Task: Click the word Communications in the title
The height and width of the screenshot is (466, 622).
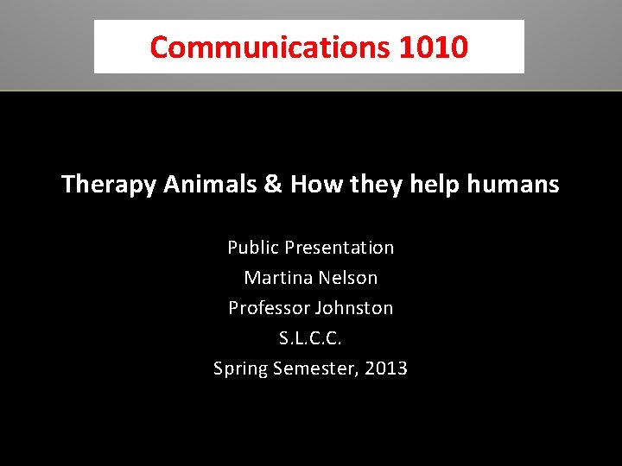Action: click(x=270, y=47)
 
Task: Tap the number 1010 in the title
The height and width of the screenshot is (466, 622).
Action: click(x=434, y=47)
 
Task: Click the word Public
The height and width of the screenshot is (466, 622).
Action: click(x=252, y=248)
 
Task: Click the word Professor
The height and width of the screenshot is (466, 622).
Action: click(x=268, y=308)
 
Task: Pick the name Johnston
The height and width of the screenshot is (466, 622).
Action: click(x=353, y=308)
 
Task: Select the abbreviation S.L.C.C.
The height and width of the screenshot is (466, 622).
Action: click(x=311, y=338)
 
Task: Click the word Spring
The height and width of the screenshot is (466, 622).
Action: click(x=241, y=369)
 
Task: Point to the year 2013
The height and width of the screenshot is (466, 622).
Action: click(x=386, y=368)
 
